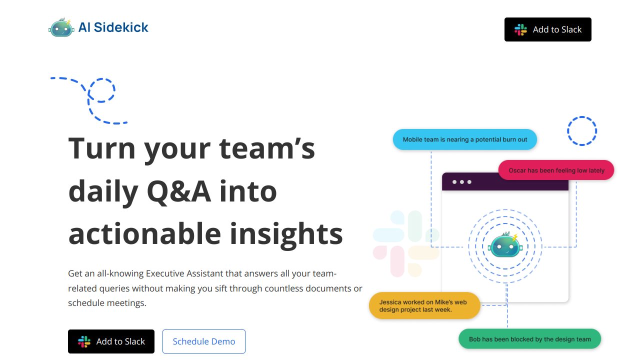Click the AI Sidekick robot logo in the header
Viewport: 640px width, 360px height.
61,27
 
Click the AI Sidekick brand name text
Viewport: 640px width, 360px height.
113,27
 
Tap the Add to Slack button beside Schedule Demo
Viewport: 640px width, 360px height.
111,341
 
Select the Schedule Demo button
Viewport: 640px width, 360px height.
204,341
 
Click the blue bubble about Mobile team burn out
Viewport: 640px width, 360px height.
465,139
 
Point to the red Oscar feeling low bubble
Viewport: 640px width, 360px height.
556,170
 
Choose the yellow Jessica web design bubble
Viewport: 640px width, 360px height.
424,305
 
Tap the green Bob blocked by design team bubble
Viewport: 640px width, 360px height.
529,339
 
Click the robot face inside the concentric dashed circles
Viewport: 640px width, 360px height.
505,245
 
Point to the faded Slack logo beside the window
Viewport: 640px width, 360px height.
406,243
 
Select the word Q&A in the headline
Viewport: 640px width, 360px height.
179,191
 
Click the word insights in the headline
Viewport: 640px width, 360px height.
286,235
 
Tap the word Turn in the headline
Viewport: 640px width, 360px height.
101,148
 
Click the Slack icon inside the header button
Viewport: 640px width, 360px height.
520,29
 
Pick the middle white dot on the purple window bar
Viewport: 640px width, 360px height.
461,182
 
